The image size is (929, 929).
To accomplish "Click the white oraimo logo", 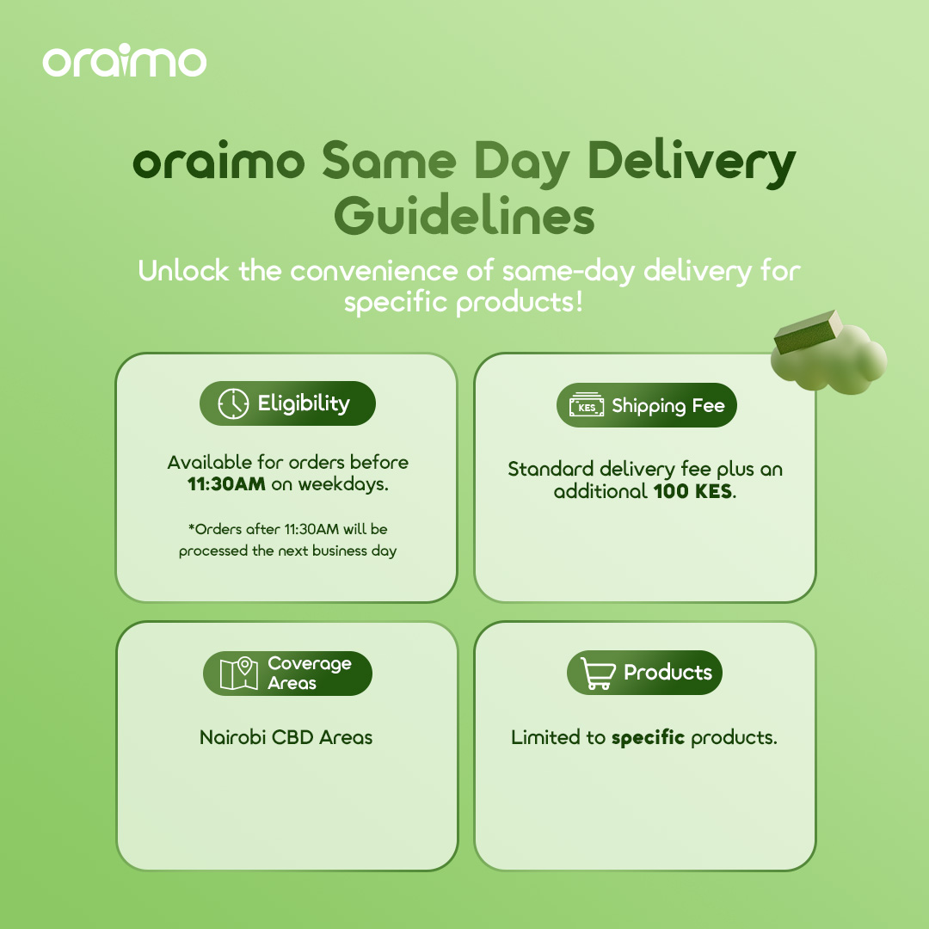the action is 125,60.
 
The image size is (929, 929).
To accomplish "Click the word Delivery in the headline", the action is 692,162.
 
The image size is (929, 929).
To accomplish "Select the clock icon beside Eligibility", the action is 233,403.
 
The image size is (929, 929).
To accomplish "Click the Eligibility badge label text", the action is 304,404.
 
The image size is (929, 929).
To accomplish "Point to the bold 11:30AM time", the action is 226,484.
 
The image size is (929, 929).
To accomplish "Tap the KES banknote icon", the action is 587,405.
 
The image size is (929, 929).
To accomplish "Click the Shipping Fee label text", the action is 668,406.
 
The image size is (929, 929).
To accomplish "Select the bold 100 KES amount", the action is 692,491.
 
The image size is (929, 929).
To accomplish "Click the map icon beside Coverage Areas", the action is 239,673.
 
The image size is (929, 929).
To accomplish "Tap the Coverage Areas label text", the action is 310,673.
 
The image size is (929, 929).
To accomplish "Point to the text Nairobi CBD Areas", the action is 286,738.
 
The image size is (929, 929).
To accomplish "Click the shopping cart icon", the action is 597,673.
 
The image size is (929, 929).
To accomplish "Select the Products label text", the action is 668,673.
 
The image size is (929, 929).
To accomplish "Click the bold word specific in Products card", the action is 649,738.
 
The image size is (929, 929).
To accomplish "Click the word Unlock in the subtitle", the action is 184,271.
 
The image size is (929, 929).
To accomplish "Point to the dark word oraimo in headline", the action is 218,161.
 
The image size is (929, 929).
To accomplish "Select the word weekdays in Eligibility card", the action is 343,484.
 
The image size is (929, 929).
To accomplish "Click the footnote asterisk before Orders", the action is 191,526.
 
